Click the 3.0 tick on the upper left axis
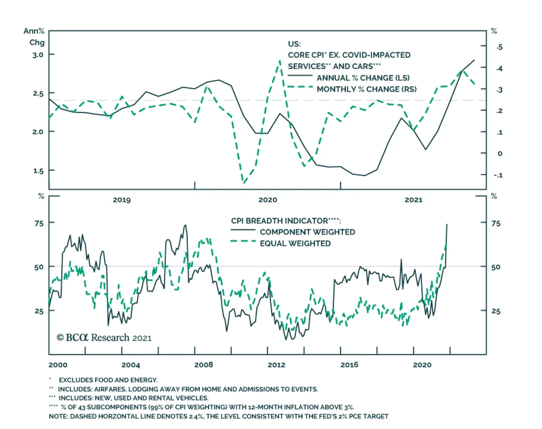click(38, 55)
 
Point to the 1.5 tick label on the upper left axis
click(38, 171)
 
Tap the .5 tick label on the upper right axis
click(499, 47)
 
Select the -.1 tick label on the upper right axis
click(498, 175)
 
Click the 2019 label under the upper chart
click(122, 200)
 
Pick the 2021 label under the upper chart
click(413, 200)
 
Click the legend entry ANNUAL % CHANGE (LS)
click(363, 78)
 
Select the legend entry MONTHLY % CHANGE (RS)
click(366, 89)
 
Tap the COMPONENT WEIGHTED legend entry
click(307, 232)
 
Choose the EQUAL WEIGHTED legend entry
click(295, 243)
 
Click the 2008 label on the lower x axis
click(204, 365)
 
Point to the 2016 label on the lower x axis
click(349, 365)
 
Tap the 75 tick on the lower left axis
click(39, 223)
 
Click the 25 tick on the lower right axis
click(496, 311)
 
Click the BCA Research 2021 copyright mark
click(104, 338)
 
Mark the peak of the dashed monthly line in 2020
click(280, 61)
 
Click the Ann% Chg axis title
click(34, 37)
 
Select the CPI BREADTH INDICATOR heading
click(286, 221)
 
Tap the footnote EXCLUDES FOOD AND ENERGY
click(108, 380)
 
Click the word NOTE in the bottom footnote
click(58, 416)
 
